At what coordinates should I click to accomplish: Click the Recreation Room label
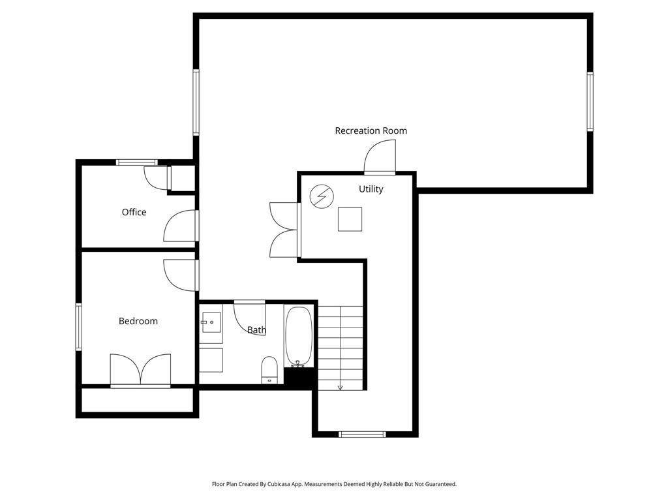click(x=371, y=130)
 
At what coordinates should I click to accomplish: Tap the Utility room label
click(x=371, y=189)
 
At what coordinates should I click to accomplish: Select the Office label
click(x=134, y=212)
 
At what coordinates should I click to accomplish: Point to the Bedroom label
click(x=138, y=321)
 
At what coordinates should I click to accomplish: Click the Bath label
click(x=256, y=329)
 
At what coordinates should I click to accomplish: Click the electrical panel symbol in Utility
click(x=321, y=196)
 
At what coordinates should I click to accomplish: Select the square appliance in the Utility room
click(x=350, y=219)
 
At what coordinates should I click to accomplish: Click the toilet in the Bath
click(x=269, y=370)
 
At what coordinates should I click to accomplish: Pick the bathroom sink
click(x=211, y=322)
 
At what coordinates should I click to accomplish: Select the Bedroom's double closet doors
click(x=141, y=370)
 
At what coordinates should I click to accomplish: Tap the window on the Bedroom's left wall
click(x=79, y=327)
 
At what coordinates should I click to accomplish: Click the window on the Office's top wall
click(x=137, y=162)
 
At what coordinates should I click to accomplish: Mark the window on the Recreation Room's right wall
click(x=590, y=101)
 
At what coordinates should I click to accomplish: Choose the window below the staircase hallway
click(x=362, y=434)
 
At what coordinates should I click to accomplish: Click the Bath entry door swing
click(x=250, y=318)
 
